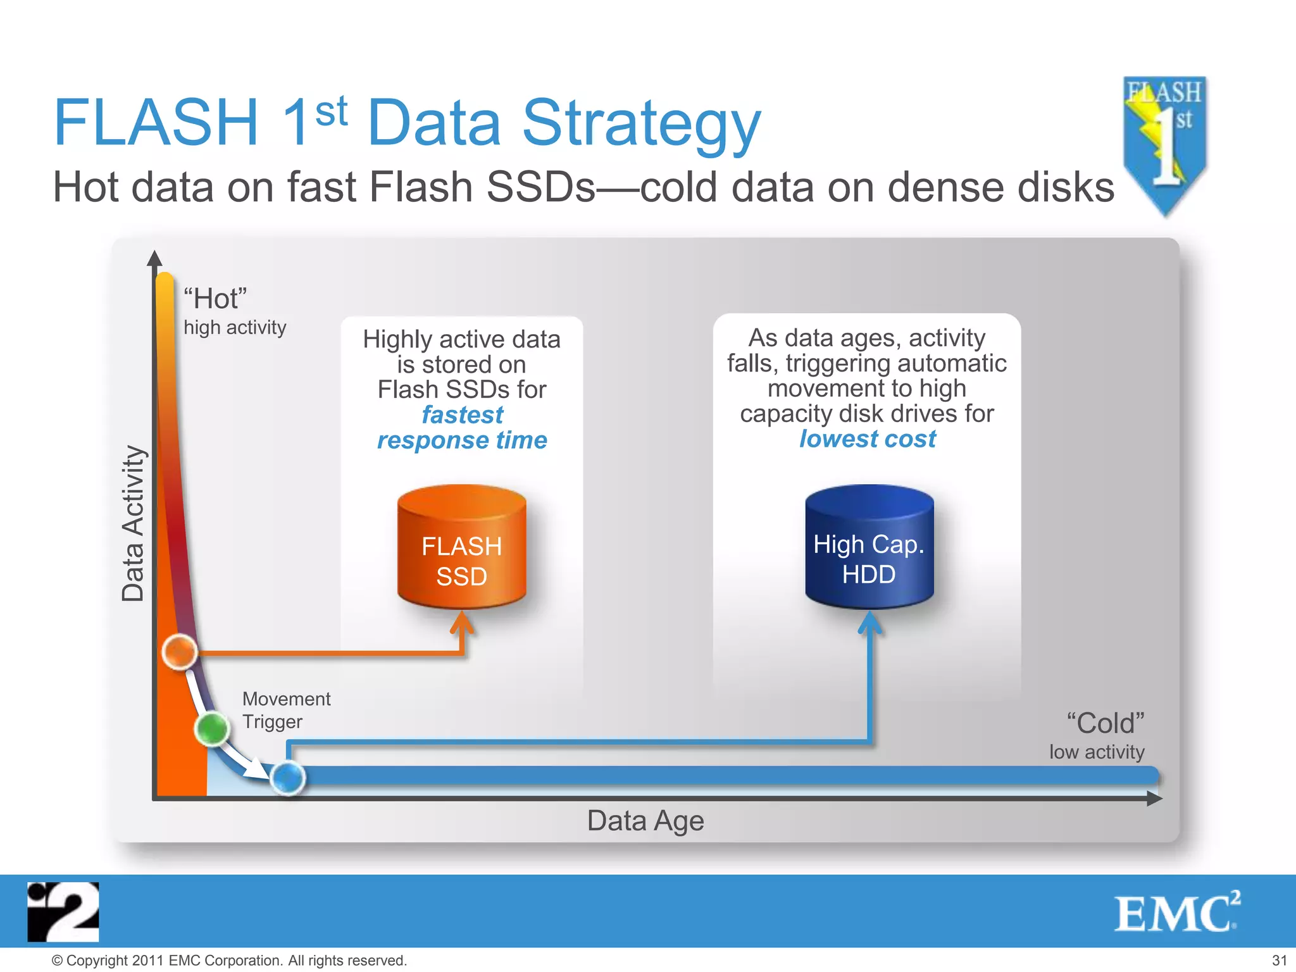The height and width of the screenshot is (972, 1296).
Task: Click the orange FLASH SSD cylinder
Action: click(x=461, y=548)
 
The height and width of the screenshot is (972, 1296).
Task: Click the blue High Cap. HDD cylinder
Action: click(x=869, y=547)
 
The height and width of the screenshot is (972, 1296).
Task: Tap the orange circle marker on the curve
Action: click(x=180, y=651)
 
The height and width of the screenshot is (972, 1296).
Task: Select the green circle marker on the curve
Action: click(x=212, y=729)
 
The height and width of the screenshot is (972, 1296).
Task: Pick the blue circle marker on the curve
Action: click(x=288, y=778)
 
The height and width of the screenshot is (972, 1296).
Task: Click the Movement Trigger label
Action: click(x=285, y=710)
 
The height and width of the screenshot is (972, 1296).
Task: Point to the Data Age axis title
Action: click(x=645, y=821)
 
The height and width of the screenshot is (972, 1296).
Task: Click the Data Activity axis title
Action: click(x=133, y=523)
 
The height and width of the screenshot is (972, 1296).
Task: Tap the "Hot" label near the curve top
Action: click(x=215, y=299)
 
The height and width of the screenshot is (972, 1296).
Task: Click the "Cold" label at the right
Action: click(x=1105, y=723)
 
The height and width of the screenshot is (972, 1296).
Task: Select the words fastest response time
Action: click(x=462, y=428)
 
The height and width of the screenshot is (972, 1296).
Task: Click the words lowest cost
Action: click(x=867, y=439)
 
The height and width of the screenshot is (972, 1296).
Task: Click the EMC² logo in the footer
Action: click(x=1176, y=913)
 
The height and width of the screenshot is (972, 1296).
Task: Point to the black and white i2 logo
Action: click(x=63, y=912)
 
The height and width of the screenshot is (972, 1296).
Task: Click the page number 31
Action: click(x=1279, y=961)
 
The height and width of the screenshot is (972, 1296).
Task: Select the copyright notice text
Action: click(x=228, y=961)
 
